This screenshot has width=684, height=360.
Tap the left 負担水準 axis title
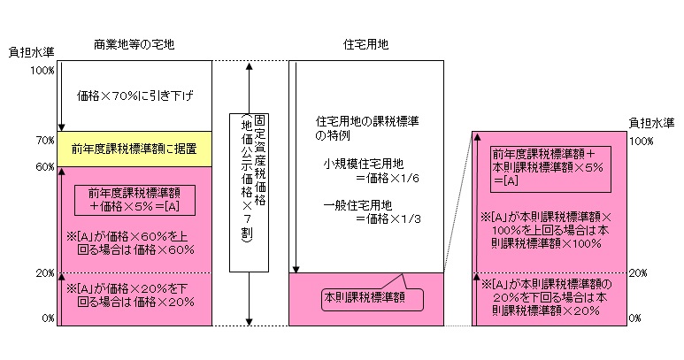tap(27, 53)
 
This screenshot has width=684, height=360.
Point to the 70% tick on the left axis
tap(45, 140)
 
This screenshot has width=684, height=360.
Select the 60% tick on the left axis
tap(45, 166)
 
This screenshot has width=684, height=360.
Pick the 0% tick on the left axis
tap(48, 316)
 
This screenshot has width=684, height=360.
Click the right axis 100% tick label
tap(642, 140)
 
